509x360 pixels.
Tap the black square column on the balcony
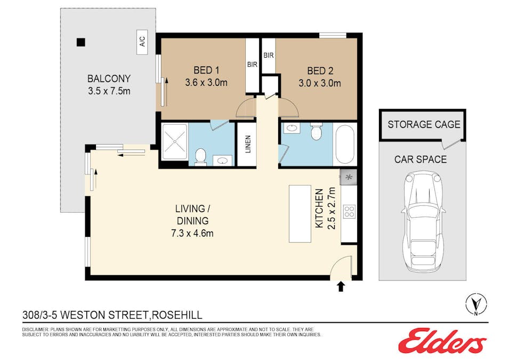tap(80, 42)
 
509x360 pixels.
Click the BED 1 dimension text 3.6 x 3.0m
tap(206, 83)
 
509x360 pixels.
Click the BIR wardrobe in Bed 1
tap(252, 64)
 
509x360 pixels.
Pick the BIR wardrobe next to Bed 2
tap(268, 55)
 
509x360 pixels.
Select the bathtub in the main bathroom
tap(345, 143)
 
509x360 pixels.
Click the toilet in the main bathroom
tap(316, 131)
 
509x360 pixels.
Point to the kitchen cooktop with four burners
tap(349, 211)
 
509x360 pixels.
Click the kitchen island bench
tap(299, 213)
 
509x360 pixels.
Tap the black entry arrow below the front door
tap(341, 287)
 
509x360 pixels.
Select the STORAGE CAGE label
tap(423, 125)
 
